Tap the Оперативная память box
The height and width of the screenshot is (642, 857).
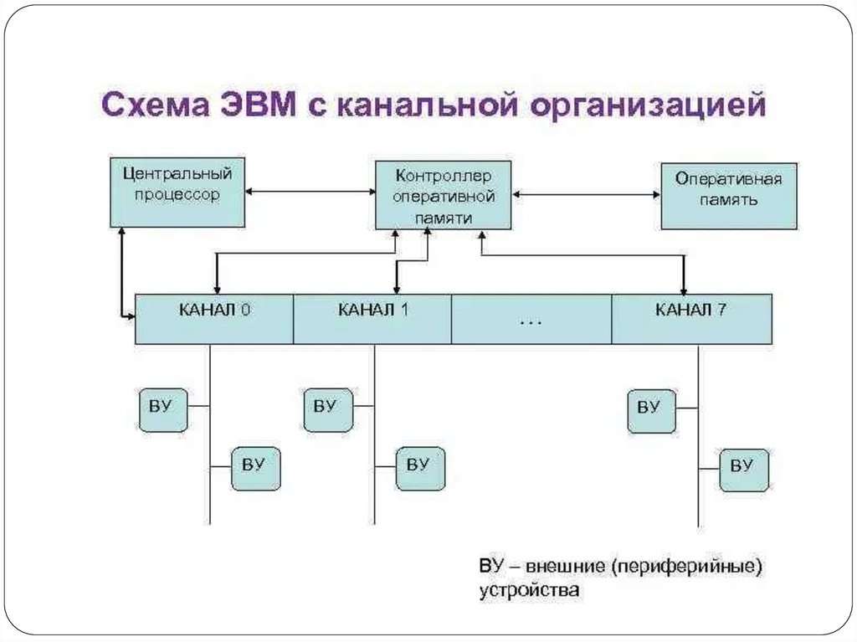pos(728,196)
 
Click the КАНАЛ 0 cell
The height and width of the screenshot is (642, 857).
pos(214,318)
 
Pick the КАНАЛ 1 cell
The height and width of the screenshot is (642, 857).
pos(372,318)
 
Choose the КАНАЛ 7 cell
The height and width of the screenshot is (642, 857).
pos(691,318)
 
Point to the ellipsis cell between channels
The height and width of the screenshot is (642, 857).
pos(531,318)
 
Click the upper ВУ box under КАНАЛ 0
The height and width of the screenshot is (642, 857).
pos(162,410)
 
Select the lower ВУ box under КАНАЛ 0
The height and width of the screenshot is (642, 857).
pos(255,468)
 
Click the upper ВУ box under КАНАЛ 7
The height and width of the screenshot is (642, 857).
pos(651,410)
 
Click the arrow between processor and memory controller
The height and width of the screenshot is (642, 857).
pos(310,193)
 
